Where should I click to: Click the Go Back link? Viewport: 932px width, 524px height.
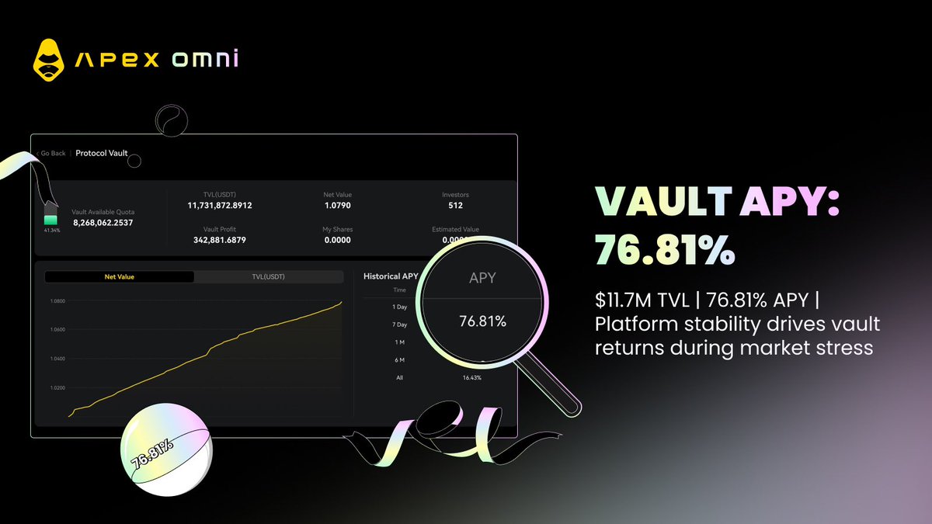(x=52, y=153)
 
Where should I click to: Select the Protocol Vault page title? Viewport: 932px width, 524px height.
(x=102, y=153)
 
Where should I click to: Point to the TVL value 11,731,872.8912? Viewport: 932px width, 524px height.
(x=220, y=206)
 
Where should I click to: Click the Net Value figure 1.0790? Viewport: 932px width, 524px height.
(x=337, y=206)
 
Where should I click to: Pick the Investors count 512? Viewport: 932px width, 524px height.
(x=455, y=206)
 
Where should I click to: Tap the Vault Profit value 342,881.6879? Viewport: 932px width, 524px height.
(x=220, y=240)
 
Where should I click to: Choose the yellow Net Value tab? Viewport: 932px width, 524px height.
(x=119, y=276)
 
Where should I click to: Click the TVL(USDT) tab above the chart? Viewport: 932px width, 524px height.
(x=268, y=276)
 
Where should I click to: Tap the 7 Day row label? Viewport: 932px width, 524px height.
(x=399, y=324)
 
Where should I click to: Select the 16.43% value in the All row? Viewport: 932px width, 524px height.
(x=471, y=377)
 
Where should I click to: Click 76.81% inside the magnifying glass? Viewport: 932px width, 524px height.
(x=482, y=321)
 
